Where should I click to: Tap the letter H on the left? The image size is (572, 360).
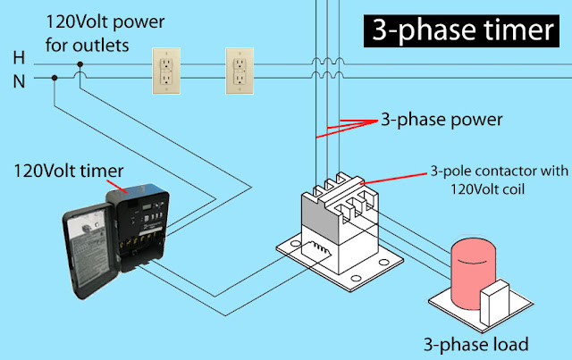[x=18, y=57]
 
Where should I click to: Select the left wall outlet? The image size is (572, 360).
[x=167, y=69]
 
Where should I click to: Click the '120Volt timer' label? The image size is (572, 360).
[x=61, y=168]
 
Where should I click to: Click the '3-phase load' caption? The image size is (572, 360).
[x=477, y=342]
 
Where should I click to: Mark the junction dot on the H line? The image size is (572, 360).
[x=81, y=64]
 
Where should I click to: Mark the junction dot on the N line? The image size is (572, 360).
[x=55, y=79]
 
